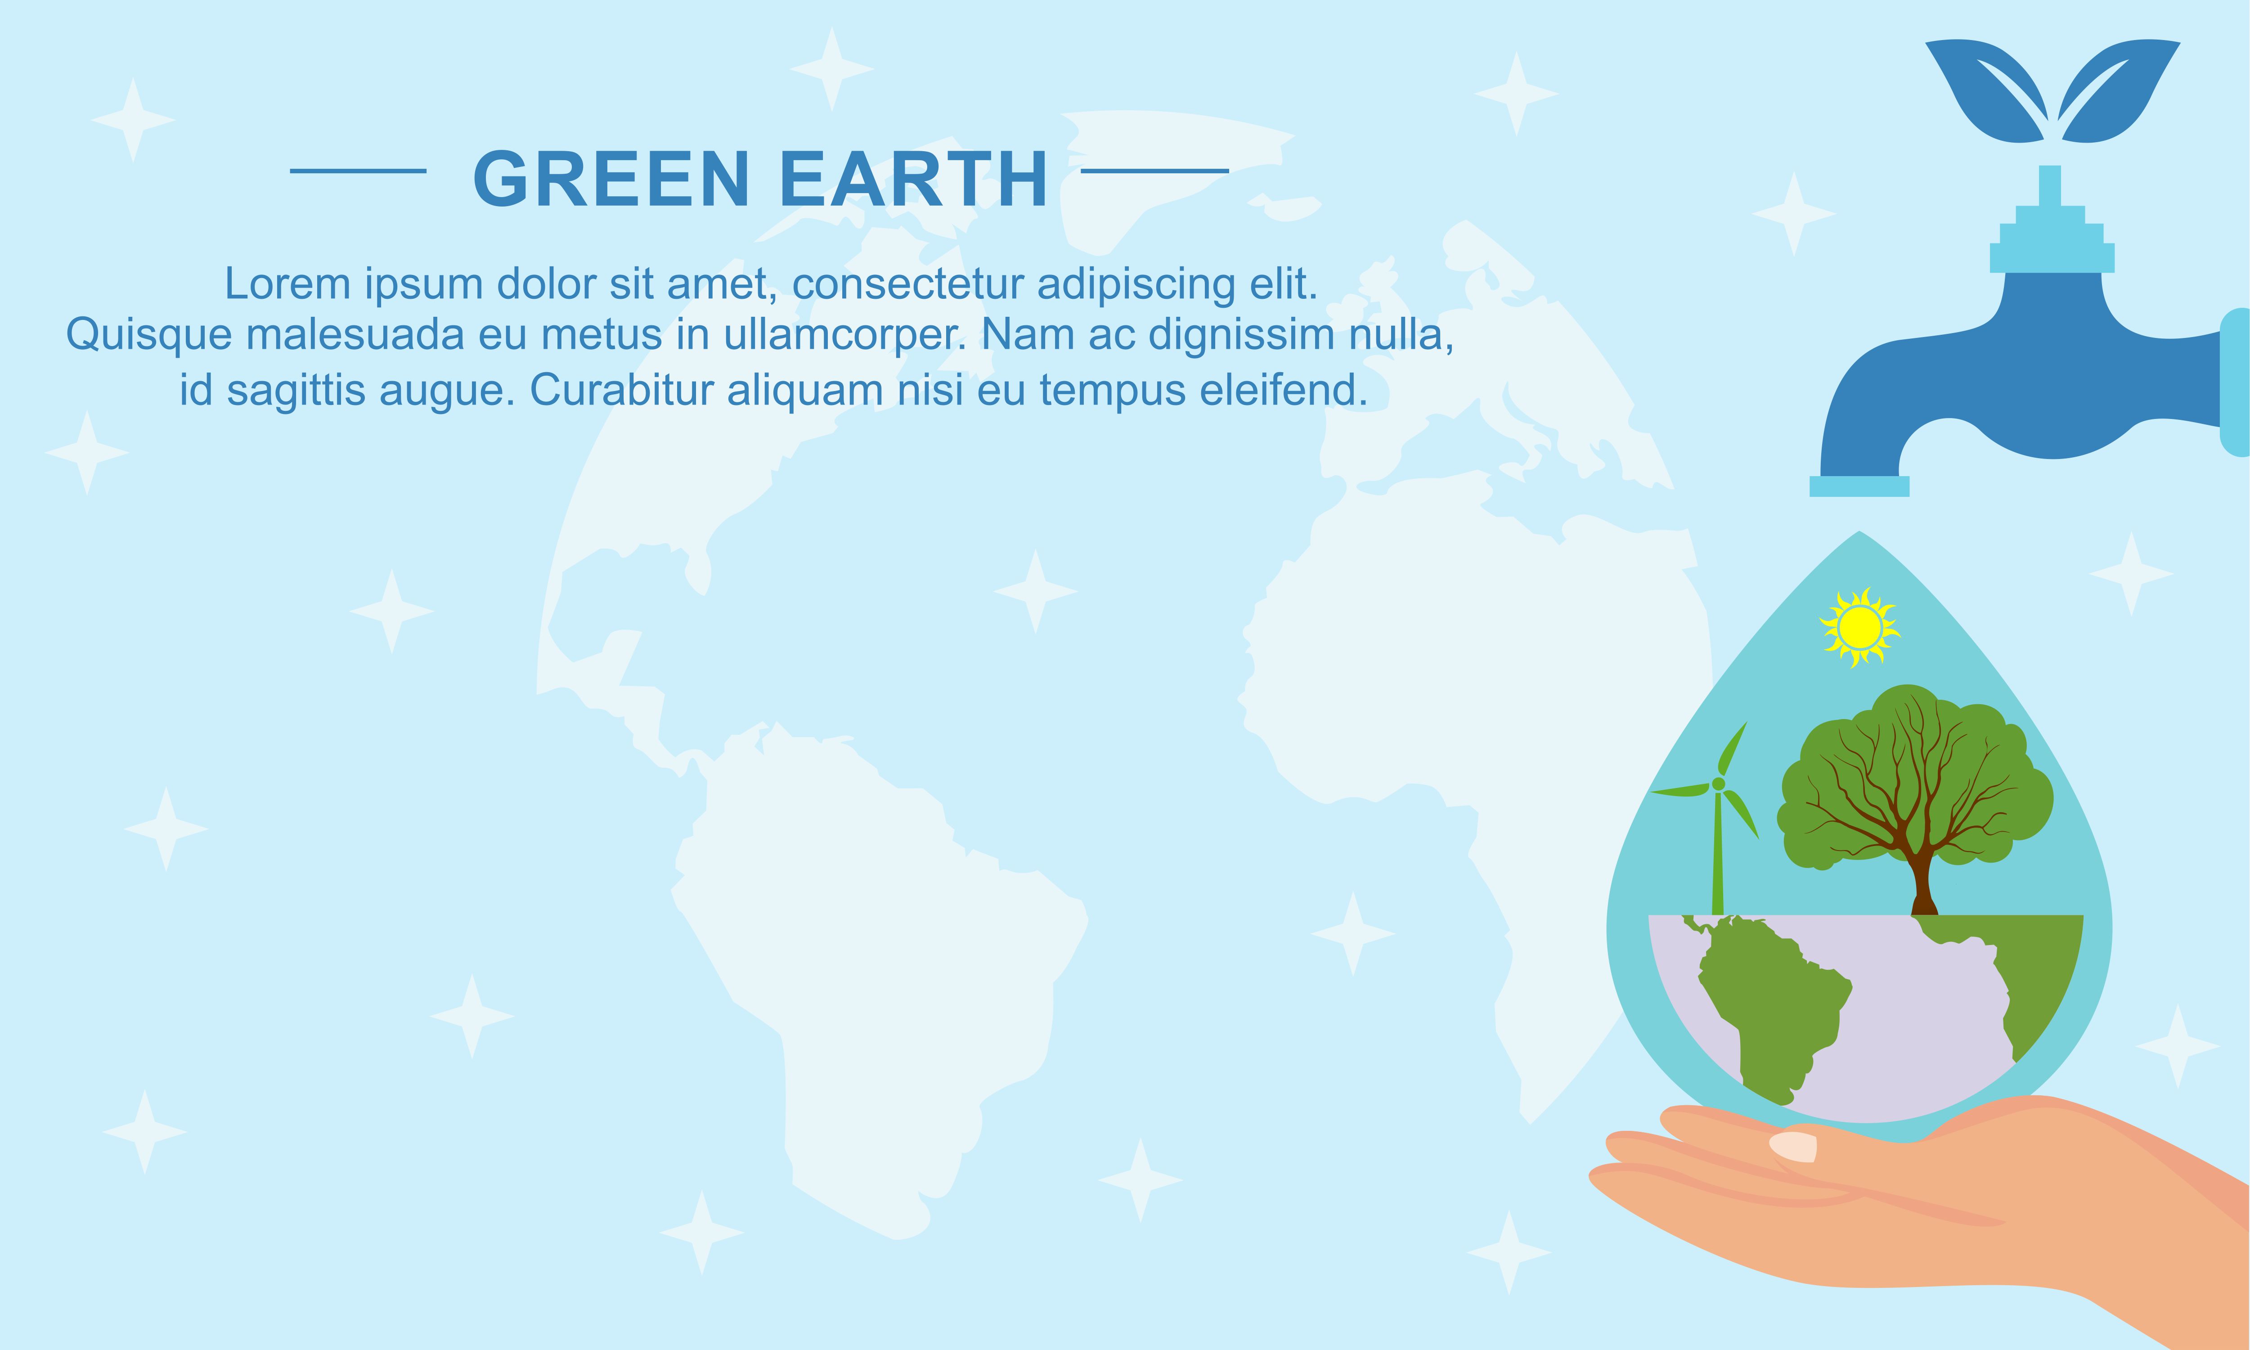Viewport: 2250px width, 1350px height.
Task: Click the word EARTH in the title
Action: [913, 178]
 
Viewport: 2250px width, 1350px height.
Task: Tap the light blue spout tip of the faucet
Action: [1859, 487]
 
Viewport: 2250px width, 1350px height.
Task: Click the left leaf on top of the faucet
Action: [1983, 91]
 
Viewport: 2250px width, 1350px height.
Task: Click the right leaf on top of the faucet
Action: [2119, 91]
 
